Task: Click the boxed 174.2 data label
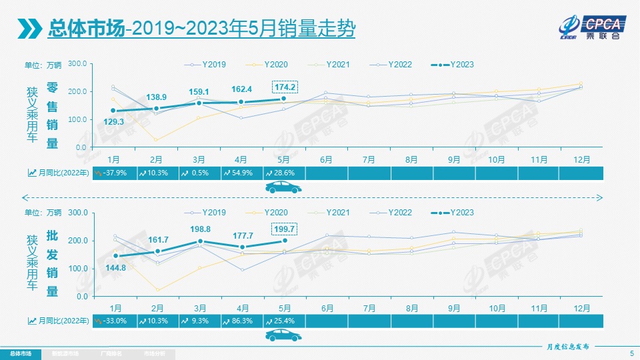point(285,87)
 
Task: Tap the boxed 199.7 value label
point(285,229)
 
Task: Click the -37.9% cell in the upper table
point(114,173)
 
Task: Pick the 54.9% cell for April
point(242,173)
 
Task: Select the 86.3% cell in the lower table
point(242,321)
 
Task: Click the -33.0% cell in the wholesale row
point(114,321)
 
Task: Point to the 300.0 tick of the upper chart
point(77,63)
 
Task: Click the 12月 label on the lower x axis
point(581,309)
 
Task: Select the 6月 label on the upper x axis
point(327,160)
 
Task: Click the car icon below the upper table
point(283,187)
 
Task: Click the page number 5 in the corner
point(631,353)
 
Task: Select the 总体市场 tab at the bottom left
point(20,353)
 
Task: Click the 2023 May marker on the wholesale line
point(285,241)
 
